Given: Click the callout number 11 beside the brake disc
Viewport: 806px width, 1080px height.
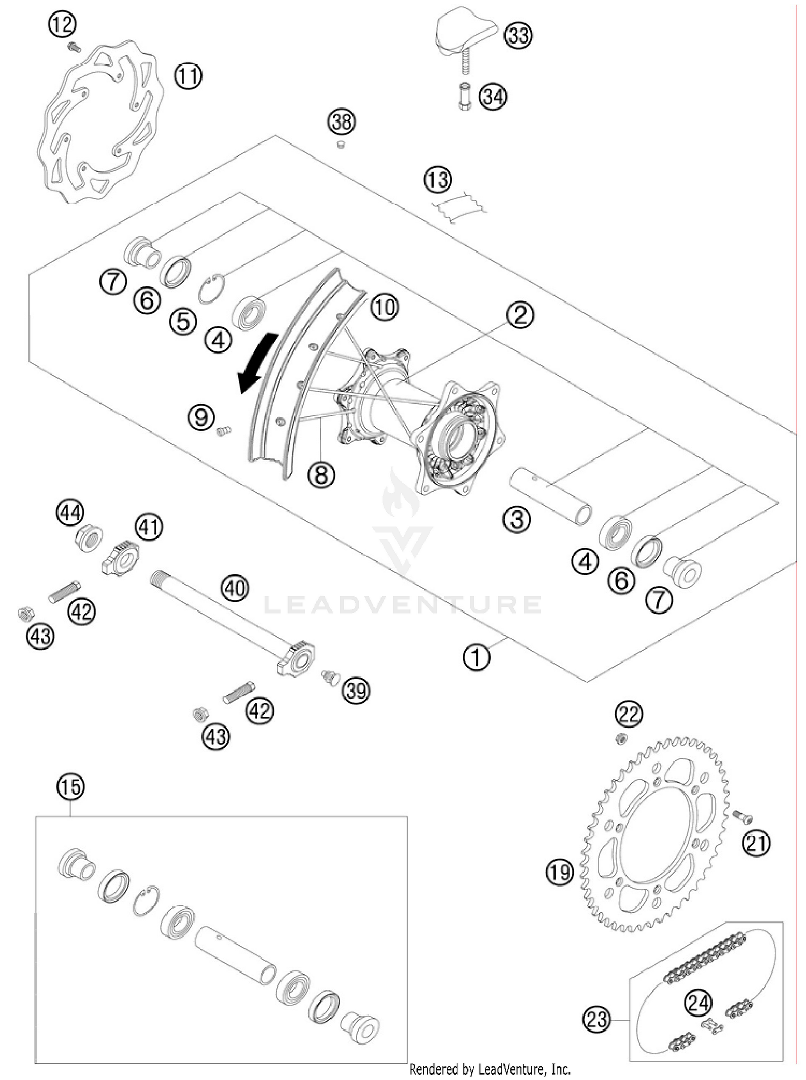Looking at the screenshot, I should (188, 77).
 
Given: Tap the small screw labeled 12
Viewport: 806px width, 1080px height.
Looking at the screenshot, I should (74, 48).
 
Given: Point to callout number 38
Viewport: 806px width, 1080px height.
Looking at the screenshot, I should (342, 123).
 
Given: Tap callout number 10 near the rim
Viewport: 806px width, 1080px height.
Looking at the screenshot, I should (384, 308).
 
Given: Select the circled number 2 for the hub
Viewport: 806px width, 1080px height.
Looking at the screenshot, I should (519, 315).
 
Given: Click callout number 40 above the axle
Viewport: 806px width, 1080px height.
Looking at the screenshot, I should (235, 588).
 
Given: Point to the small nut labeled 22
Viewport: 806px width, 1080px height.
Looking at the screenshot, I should (620, 739).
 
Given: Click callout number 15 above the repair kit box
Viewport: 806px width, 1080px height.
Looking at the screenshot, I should (70, 787).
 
